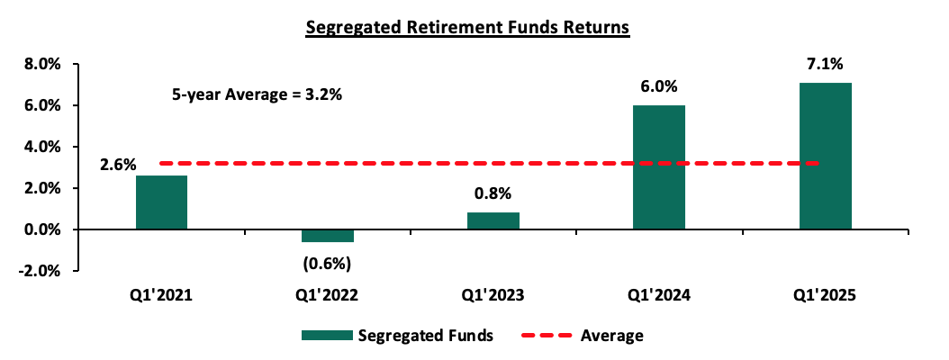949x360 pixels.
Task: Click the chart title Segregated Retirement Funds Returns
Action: point(467,28)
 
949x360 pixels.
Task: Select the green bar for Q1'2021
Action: point(161,202)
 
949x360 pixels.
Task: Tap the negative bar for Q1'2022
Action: point(328,236)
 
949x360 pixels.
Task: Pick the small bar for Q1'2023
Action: point(493,221)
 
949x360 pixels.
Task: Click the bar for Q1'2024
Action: point(659,167)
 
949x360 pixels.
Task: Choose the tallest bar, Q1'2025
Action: point(825,156)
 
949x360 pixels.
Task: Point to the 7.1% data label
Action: point(825,64)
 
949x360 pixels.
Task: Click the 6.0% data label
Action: point(659,87)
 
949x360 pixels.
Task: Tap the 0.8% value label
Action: point(493,194)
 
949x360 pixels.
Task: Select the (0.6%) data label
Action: point(328,264)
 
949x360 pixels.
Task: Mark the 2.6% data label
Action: point(117,165)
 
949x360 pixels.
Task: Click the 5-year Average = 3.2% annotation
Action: point(258,95)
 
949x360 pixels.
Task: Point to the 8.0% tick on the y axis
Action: point(41,64)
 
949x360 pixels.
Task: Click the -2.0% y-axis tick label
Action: point(39,272)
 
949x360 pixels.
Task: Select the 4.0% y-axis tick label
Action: point(41,147)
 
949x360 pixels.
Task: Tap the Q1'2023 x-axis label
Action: point(493,296)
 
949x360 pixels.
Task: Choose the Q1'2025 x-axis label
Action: point(825,296)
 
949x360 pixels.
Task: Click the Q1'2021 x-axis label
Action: point(161,296)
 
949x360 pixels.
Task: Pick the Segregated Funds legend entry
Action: point(397,336)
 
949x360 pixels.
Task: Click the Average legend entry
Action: point(582,335)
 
